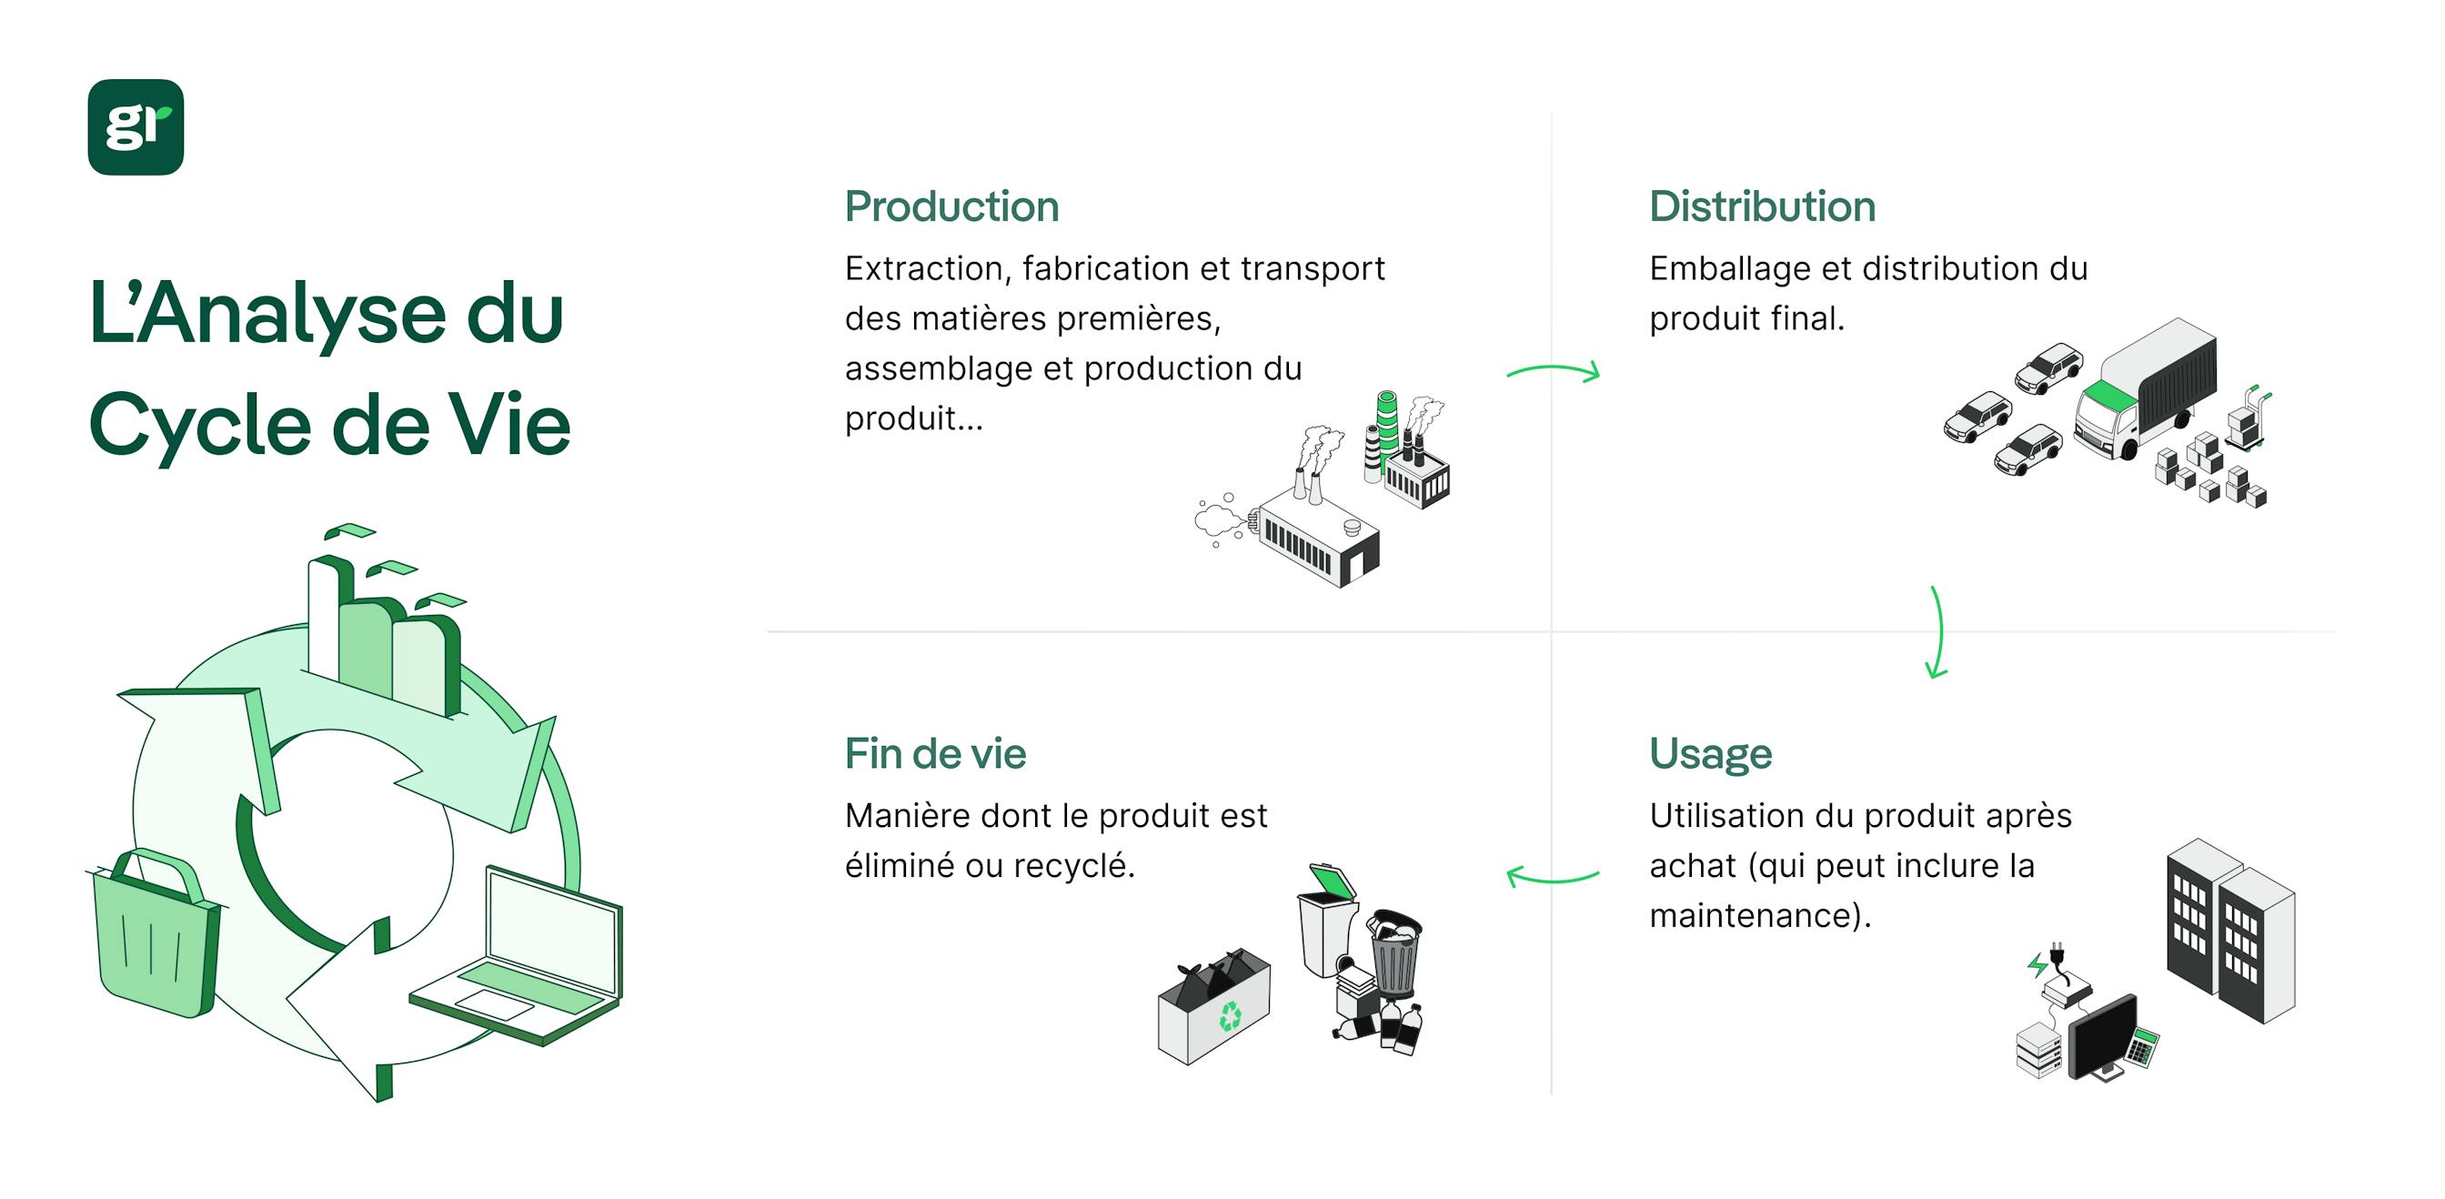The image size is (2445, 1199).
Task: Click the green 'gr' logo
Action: point(136,126)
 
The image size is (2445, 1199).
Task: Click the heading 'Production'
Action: point(951,207)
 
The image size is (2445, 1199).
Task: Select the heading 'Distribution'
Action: point(1762,207)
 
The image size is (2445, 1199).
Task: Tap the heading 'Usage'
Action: point(1709,754)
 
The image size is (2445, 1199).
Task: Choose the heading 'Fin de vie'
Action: point(935,754)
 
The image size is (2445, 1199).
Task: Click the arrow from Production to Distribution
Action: point(1553,371)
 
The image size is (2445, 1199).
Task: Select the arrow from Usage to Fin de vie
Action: point(1553,875)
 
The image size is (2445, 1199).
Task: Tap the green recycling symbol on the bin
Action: point(1230,1017)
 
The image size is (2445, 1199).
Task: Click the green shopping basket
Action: point(154,935)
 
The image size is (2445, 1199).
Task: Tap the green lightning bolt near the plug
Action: point(2037,965)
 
